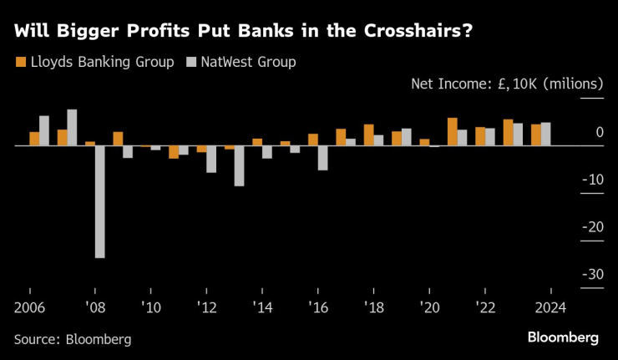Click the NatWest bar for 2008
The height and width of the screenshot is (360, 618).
pyautogui.click(x=100, y=201)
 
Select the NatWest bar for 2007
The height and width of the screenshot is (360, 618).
pyautogui.click(x=72, y=128)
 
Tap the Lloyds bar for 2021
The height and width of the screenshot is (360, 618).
pyautogui.click(x=452, y=132)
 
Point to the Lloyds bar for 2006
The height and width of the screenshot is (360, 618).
pyautogui.click(x=34, y=139)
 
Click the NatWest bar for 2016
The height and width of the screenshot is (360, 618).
pyautogui.click(x=322, y=158)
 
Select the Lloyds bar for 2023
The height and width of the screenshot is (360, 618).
pyautogui.click(x=508, y=133)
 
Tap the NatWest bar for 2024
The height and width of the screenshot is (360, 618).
pyautogui.click(x=545, y=134)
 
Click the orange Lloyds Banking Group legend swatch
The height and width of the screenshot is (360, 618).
pyautogui.click(x=19, y=62)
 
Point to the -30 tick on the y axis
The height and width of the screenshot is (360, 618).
pyautogui.click(x=593, y=274)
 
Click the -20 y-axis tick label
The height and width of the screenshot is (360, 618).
pyautogui.click(x=593, y=226)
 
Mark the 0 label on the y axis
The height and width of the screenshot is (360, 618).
pyautogui.click(x=600, y=132)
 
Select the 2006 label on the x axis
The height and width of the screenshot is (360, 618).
pyautogui.click(x=30, y=307)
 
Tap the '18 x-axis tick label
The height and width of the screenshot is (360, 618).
pyautogui.click(x=373, y=307)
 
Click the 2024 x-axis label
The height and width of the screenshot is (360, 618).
pyautogui.click(x=551, y=307)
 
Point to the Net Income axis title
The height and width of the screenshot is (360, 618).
pyautogui.click(x=507, y=84)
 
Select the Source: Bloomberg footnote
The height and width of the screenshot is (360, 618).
pyautogui.click(x=73, y=339)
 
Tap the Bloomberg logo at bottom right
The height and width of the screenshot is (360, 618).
pyautogui.click(x=562, y=337)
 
